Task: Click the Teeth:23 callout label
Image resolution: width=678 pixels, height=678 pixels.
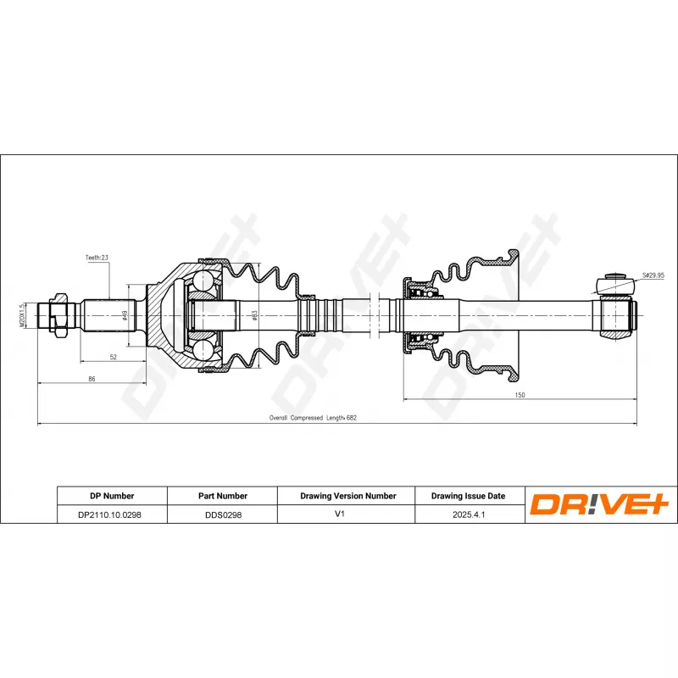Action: coord(97,258)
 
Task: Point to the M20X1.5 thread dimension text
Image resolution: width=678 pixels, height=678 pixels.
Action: coord(22,315)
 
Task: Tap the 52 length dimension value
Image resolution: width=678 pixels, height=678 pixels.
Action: coord(114,357)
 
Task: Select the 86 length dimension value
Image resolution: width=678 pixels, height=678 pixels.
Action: coord(92,379)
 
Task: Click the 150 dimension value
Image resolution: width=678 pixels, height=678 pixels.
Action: coord(520,395)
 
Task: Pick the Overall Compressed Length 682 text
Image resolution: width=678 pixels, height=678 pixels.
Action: coord(313,418)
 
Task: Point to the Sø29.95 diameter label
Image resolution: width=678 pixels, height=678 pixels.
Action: coord(653,275)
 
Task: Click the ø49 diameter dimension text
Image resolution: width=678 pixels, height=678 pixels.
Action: coord(125,315)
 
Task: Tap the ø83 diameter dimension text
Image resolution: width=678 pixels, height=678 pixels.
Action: coord(255,315)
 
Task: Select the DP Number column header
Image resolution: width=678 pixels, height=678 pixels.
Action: coord(112,496)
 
